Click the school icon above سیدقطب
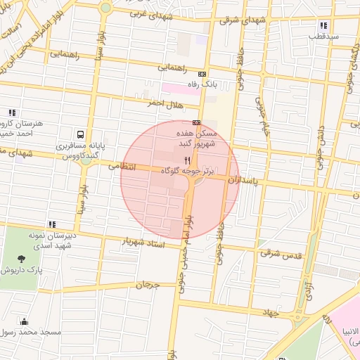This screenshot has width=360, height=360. tap(323, 25)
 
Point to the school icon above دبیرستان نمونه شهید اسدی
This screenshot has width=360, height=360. tap(52, 224)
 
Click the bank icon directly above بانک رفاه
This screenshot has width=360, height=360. tap(202, 74)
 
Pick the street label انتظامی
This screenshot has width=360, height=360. tap(122, 167)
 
